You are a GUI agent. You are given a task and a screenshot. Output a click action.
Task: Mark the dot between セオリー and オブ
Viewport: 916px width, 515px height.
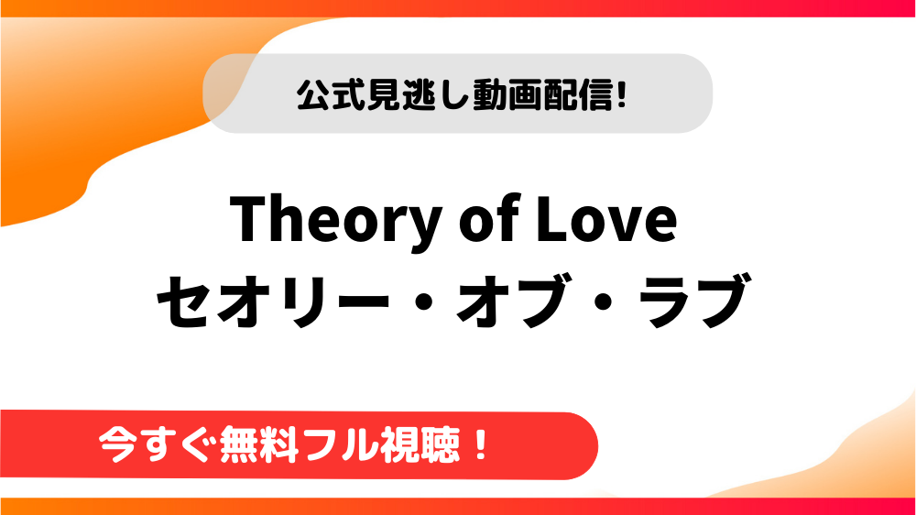tap(423, 302)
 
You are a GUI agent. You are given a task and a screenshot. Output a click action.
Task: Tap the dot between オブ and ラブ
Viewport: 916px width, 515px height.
tap(605, 302)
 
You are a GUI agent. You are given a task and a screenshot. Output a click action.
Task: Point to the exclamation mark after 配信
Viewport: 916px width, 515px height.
tap(621, 95)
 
